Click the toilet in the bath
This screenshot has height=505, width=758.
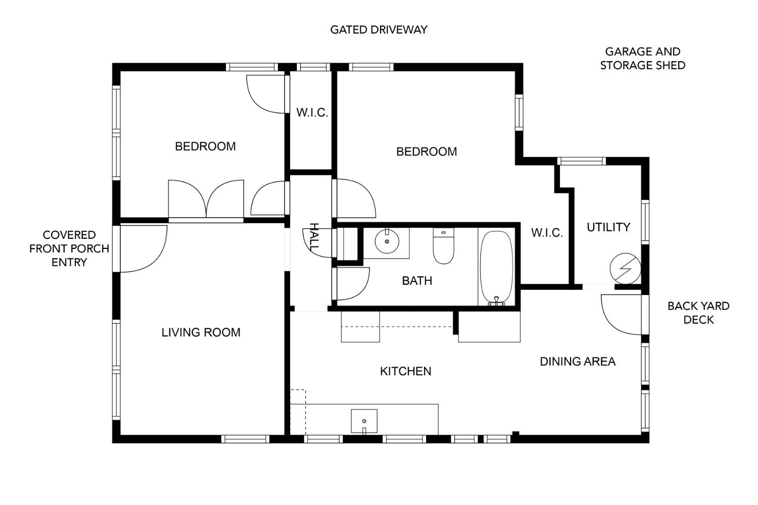(444, 246)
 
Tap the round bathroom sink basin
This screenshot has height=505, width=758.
(387, 241)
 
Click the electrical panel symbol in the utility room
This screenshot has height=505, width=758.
(626, 269)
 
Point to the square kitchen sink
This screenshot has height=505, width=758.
(364, 421)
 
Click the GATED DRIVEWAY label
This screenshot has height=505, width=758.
(378, 30)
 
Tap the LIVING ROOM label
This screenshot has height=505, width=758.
(201, 332)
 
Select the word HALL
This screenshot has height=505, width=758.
(314, 237)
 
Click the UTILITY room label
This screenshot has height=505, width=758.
(608, 227)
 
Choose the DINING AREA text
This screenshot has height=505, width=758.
(578, 362)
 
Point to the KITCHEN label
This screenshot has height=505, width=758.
(406, 371)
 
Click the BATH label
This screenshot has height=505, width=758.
(417, 281)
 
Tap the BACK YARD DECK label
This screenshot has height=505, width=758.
(698, 313)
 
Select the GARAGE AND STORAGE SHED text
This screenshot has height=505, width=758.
(643, 59)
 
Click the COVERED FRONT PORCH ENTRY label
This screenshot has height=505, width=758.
(69, 248)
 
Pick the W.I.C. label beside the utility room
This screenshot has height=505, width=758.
(547, 233)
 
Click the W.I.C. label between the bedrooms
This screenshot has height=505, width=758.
(312, 113)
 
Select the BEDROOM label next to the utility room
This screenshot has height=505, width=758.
(427, 151)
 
